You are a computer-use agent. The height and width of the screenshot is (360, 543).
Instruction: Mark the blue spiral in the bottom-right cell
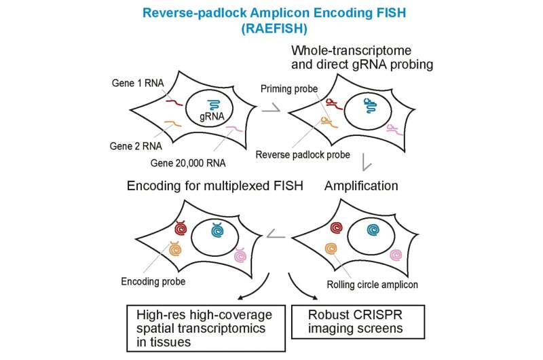coord(372,231)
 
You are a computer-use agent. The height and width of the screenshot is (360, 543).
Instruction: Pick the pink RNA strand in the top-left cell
coord(234,129)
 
